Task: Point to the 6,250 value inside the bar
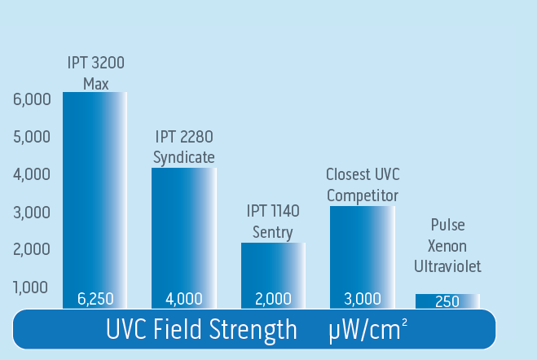click(x=95, y=299)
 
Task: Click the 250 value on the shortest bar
click(x=447, y=301)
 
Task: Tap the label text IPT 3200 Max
click(x=95, y=73)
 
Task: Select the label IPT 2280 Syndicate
click(x=185, y=147)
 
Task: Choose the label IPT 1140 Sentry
click(x=273, y=222)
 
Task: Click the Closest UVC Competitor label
click(x=363, y=185)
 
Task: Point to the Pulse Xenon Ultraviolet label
click(x=447, y=245)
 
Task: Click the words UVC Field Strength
click(x=201, y=331)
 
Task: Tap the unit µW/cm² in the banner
click(x=368, y=331)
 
